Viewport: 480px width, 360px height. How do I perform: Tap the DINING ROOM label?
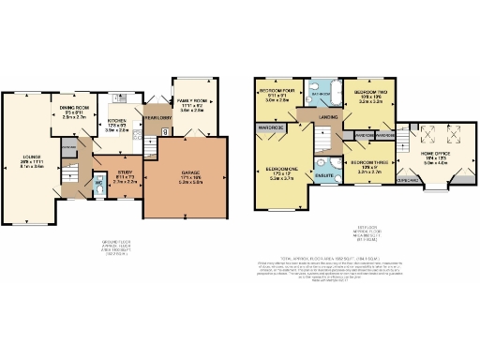(74, 110)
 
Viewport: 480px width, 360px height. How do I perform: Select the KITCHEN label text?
(116, 122)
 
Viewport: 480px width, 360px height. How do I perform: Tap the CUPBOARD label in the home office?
(407, 181)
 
